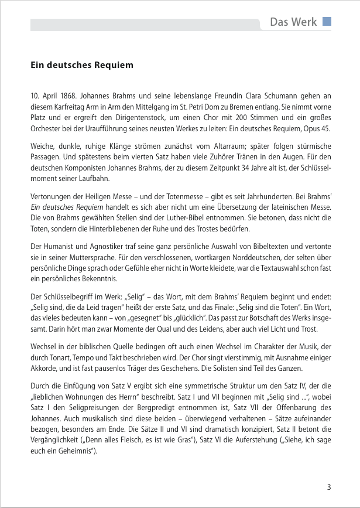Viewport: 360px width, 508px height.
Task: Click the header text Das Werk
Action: point(293,23)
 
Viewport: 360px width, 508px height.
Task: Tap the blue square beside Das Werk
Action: point(327,22)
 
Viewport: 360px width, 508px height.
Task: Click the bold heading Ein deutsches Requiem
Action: point(82,64)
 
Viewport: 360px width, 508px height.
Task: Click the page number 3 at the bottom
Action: point(329,487)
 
